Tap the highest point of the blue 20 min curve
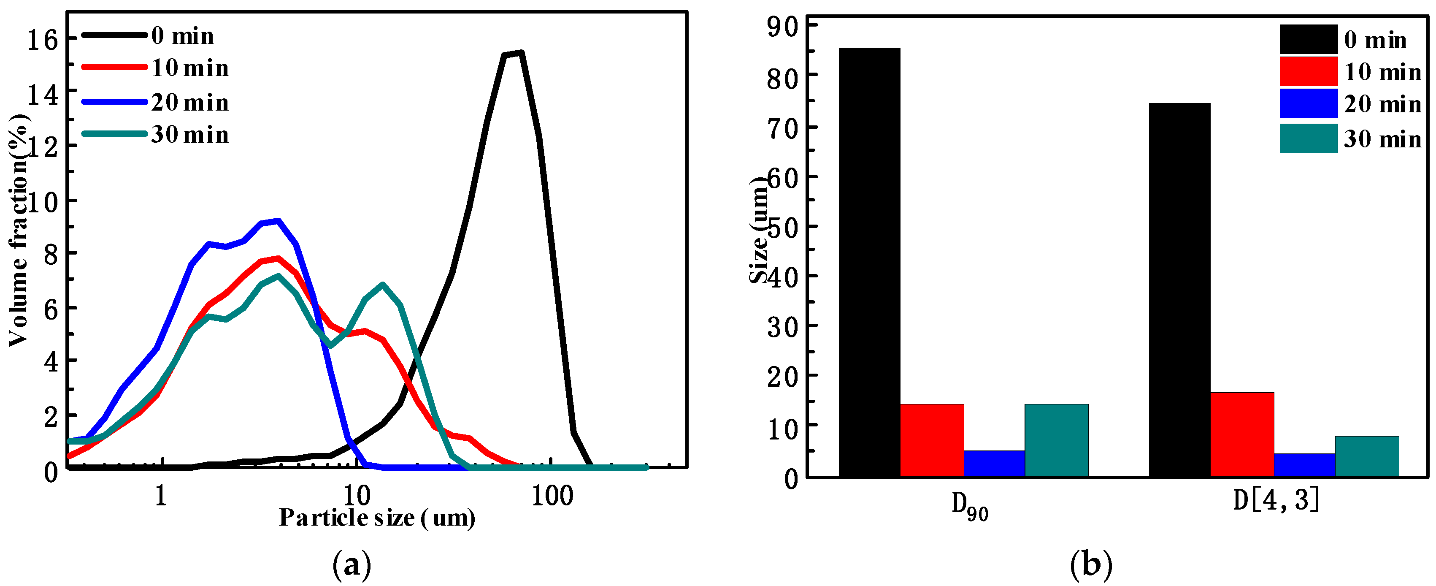278,221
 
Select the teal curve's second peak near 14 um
382,285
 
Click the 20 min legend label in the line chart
189,103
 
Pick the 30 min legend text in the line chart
189,135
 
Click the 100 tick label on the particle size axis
552,496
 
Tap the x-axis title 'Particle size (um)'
377,518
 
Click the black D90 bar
869,262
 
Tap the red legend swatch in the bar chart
1308,71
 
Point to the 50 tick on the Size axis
783,226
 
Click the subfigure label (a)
351,565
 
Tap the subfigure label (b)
1091,565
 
